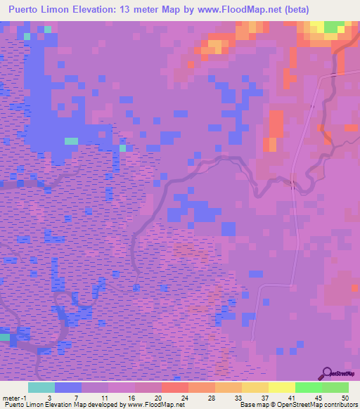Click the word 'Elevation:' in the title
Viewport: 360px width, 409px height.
click(x=102, y=9)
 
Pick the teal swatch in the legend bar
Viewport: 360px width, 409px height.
click(x=41, y=388)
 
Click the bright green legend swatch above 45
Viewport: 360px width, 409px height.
click(x=308, y=388)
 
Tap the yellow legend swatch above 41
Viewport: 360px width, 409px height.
click(x=281, y=388)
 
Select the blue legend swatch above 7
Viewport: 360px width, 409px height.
click(x=68, y=388)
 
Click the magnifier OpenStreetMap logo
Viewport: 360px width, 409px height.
click(x=328, y=373)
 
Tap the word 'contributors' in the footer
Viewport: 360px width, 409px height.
click(x=337, y=404)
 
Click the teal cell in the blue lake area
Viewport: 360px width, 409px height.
click(x=71, y=141)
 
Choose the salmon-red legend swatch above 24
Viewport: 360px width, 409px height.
click(x=174, y=388)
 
